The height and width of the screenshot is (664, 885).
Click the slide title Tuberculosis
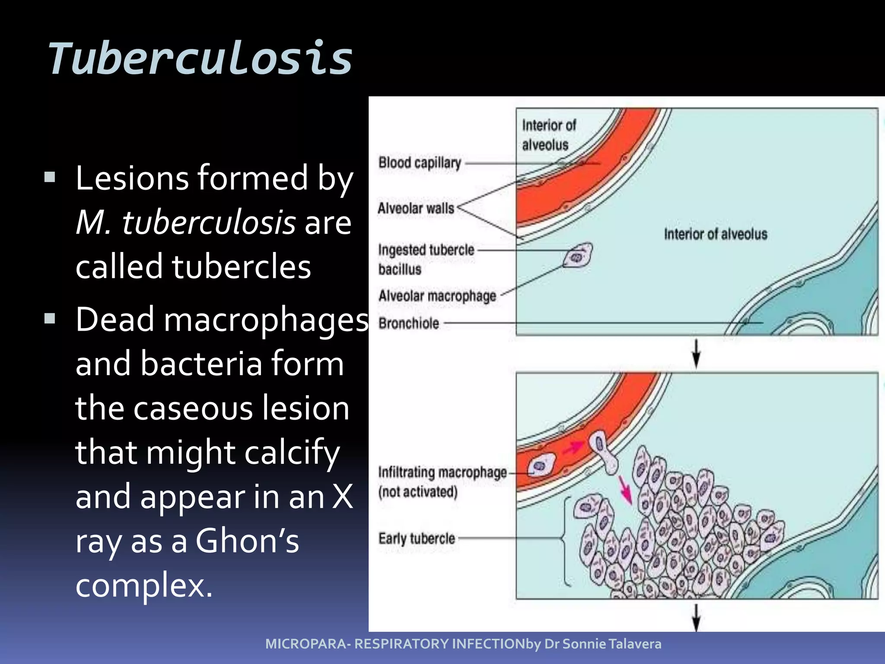(201, 58)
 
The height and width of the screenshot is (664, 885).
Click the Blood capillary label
(420, 163)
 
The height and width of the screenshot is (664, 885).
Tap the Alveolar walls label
(416, 208)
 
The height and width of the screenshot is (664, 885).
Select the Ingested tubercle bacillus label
(426, 259)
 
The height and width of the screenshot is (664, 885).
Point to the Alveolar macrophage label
(437, 296)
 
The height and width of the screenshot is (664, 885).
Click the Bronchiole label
(408, 323)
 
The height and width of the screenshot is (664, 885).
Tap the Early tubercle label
(417, 539)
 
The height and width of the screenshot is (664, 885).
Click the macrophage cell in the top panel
(578, 255)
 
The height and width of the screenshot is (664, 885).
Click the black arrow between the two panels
(696, 353)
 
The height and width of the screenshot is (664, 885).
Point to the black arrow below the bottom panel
(696, 617)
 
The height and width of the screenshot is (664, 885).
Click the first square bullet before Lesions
(50, 177)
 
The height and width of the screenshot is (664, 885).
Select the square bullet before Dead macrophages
(50, 319)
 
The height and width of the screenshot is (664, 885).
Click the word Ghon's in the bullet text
(247, 540)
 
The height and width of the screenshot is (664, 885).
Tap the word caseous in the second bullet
(193, 408)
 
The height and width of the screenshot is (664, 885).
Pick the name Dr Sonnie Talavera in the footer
(603, 644)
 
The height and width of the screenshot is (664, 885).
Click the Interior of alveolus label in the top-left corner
(548, 135)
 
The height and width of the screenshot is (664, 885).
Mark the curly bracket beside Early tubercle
(565, 541)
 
